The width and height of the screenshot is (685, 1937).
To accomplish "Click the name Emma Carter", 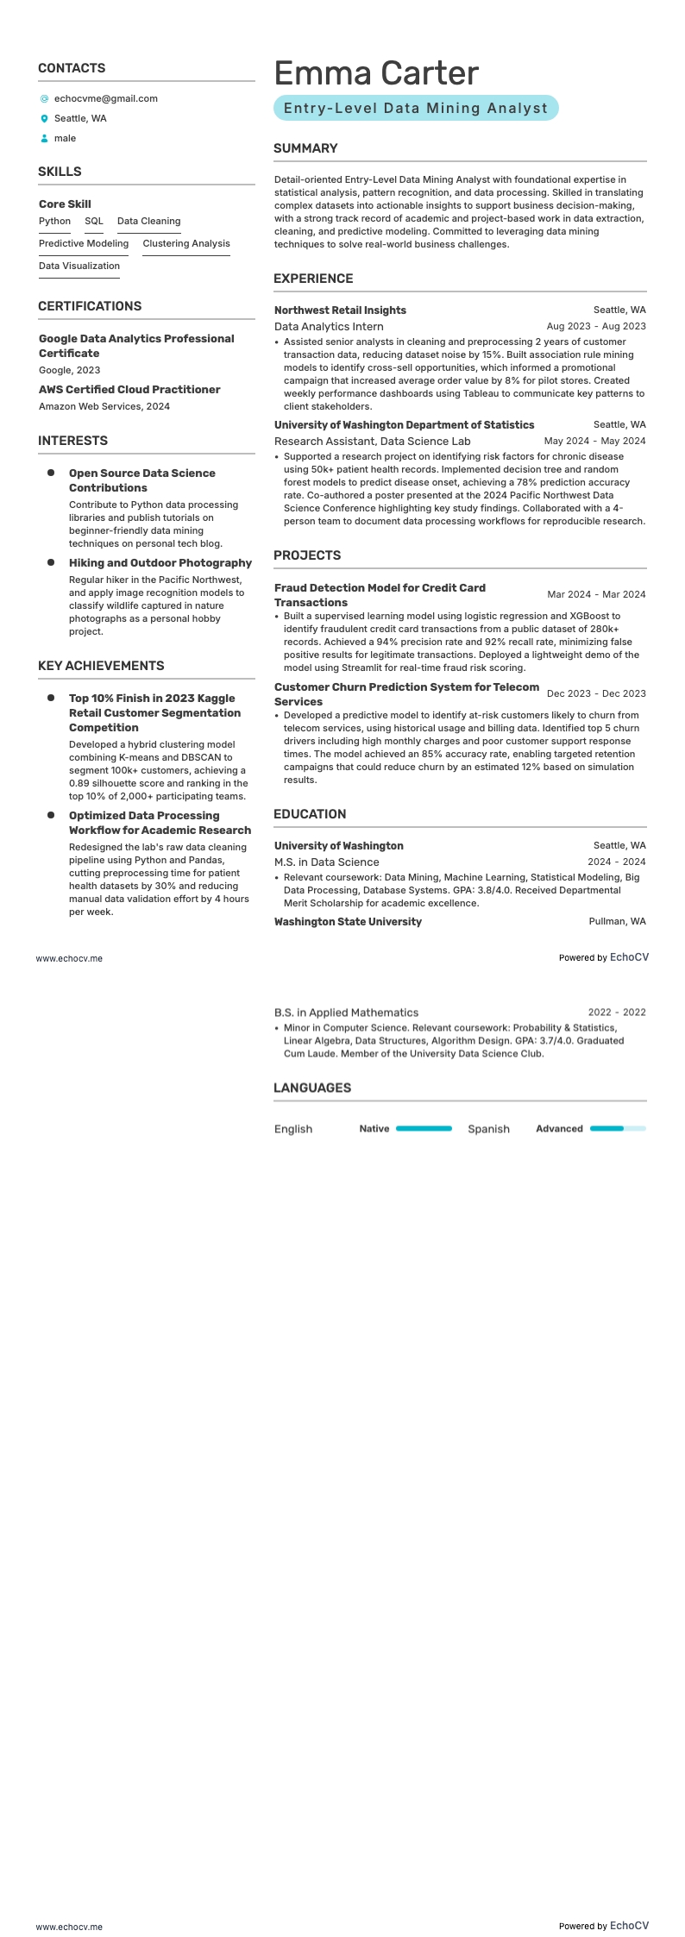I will (375, 73).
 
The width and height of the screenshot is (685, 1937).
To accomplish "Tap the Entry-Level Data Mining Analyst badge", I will (416, 108).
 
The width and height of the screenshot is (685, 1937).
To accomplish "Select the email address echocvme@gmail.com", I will (105, 98).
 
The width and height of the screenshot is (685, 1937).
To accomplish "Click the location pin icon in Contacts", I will (45, 119).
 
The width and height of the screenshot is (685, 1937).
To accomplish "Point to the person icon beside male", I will (45, 139).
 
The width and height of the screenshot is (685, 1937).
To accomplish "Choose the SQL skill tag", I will (93, 222).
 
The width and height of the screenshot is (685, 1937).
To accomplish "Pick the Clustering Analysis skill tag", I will (186, 244).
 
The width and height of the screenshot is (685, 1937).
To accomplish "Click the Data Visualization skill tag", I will (79, 266).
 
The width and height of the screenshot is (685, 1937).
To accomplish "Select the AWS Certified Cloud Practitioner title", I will (129, 390).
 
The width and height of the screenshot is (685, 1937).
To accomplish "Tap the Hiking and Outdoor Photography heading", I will (160, 563).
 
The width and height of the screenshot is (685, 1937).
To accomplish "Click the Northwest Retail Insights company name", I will (340, 310).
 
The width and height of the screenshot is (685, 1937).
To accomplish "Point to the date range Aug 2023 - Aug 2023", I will (595, 327).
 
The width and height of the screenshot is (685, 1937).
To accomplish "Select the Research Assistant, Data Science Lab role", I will (372, 442).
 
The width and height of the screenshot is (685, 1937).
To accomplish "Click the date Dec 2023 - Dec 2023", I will (595, 693).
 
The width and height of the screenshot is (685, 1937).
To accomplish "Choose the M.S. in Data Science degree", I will (326, 862).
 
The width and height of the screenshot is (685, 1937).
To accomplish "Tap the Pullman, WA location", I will (617, 922).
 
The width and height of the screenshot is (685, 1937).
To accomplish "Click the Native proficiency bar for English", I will (424, 1128).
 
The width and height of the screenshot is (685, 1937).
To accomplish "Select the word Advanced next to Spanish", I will (559, 1129).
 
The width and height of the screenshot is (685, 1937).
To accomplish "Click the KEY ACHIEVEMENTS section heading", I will (101, 666).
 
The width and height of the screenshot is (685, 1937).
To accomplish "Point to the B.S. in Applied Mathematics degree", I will (346, 1012).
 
